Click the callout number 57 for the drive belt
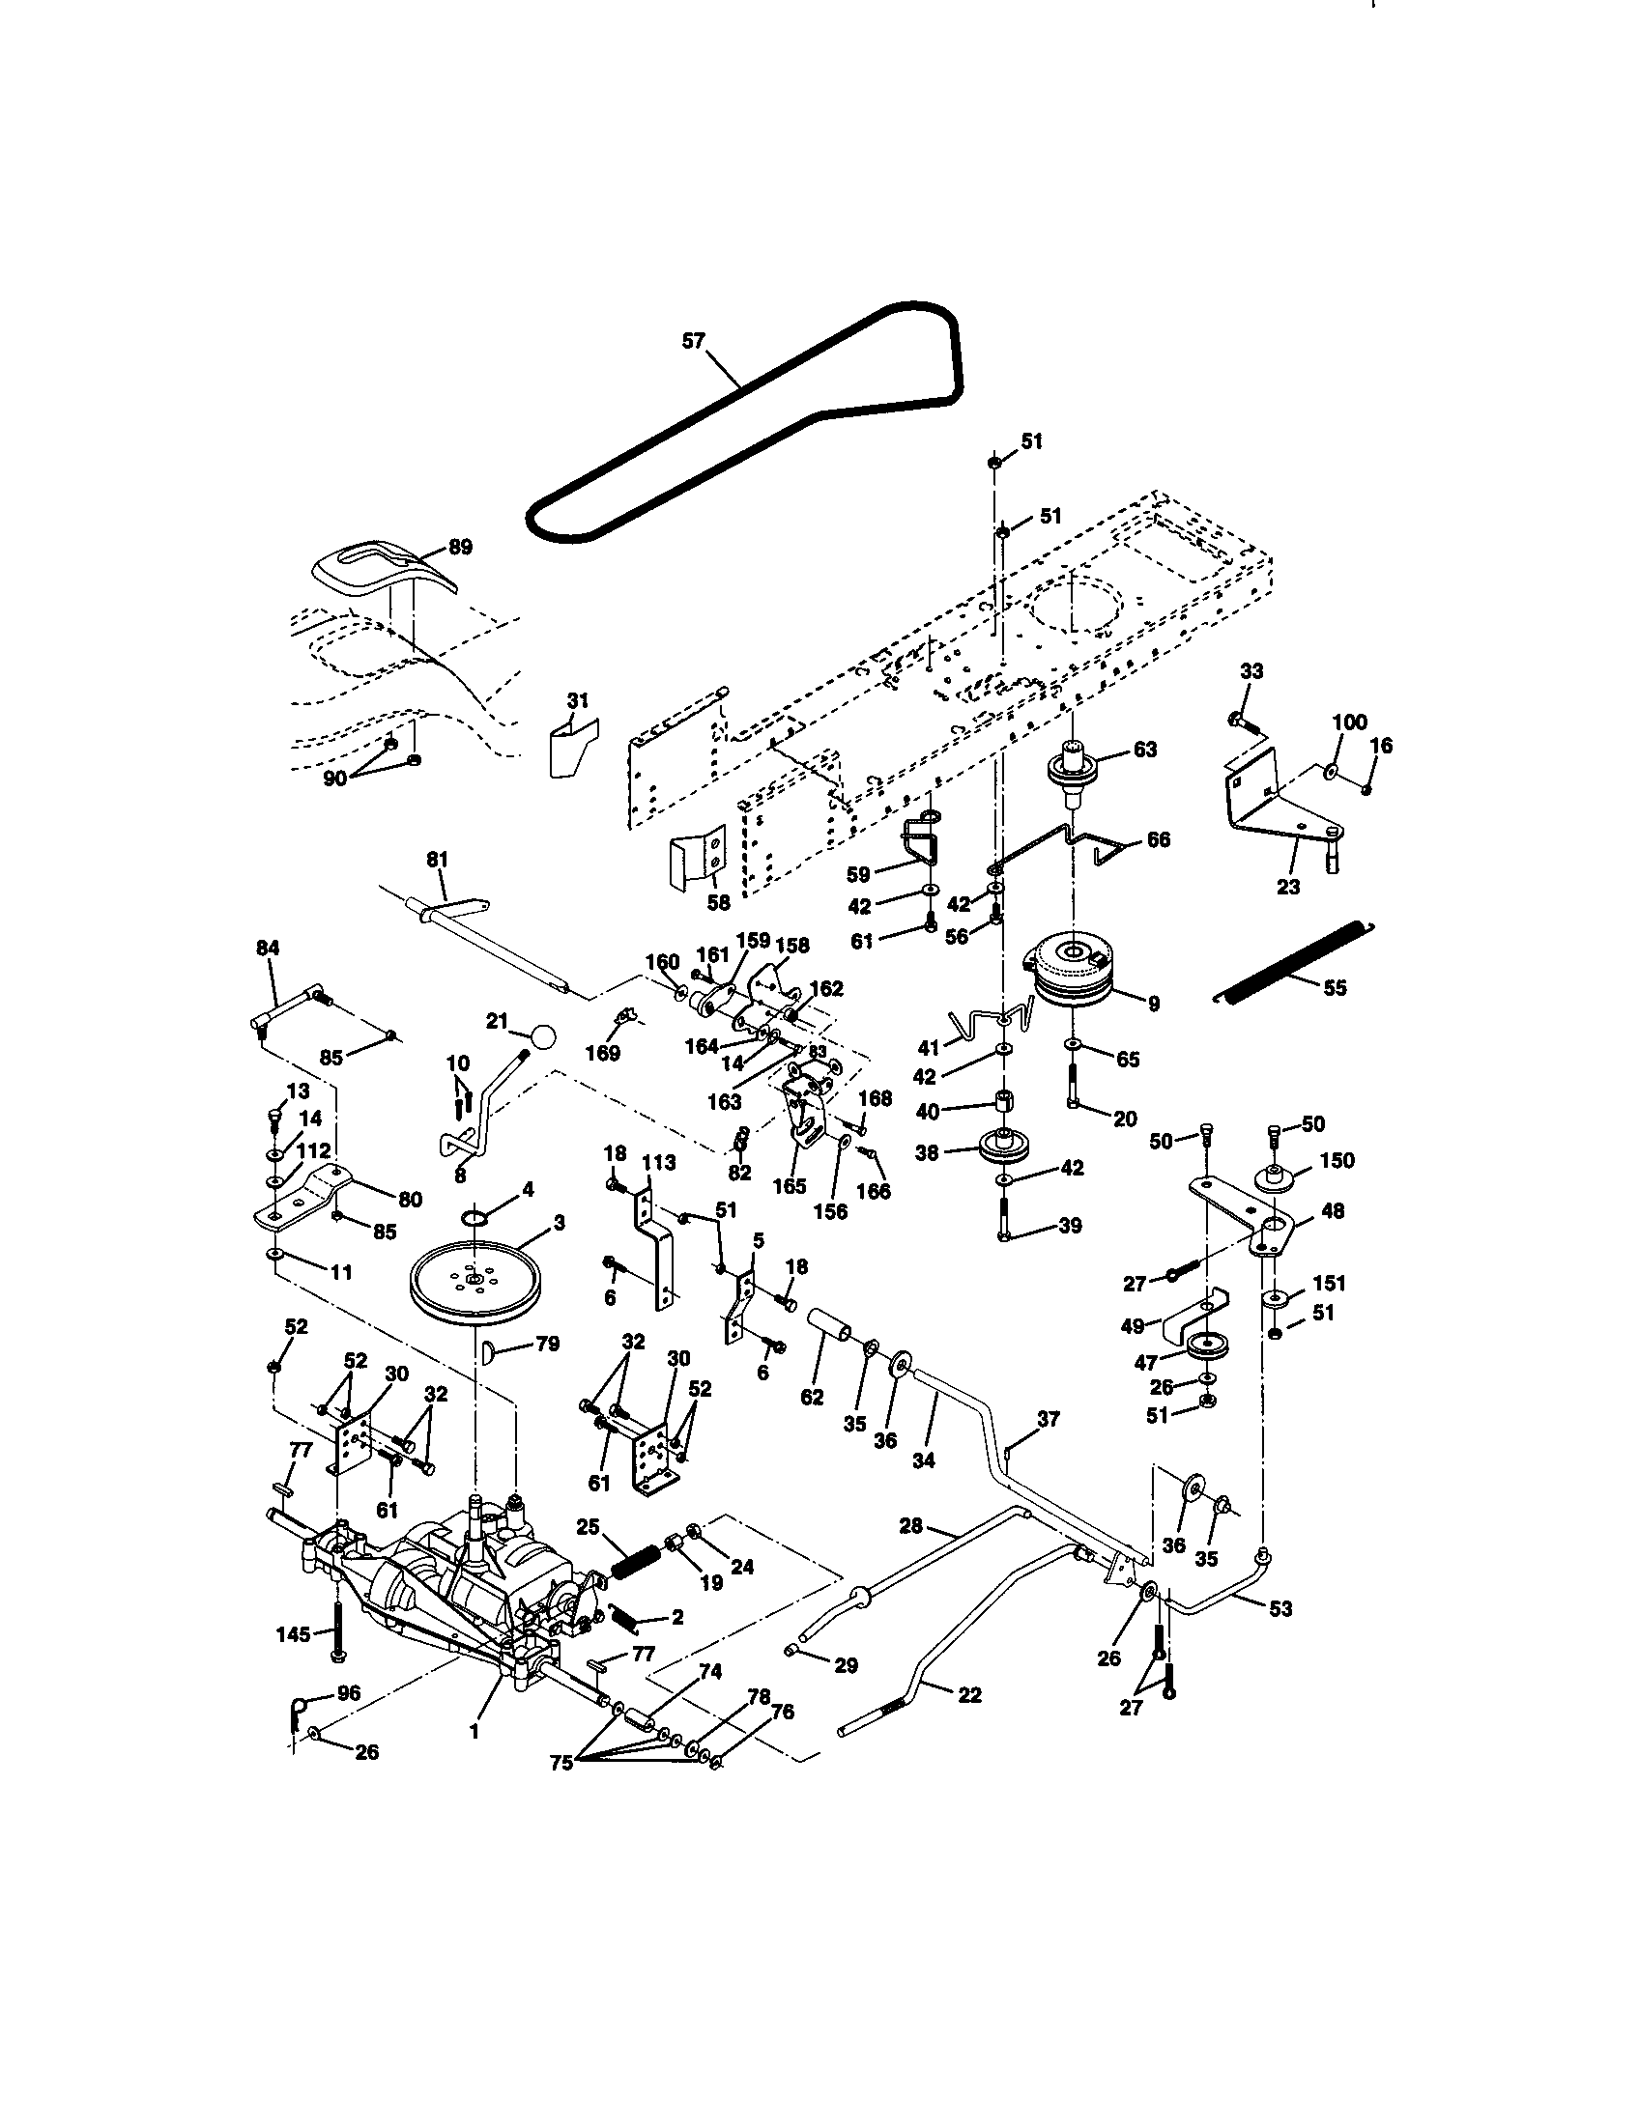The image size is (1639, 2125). pos(692,342)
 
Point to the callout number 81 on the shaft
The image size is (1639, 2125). pos(438,860)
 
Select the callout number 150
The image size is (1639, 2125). pos(1337,1161)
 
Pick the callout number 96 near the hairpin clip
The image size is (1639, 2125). pos(348,1693)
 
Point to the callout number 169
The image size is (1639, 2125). pos(605,1054)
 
